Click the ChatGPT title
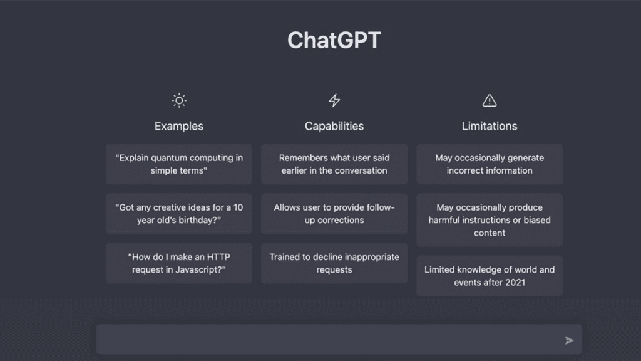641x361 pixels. (x=334, y=40)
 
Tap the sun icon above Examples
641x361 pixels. (x=179, y=100)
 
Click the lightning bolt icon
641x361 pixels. (x=334, y=100)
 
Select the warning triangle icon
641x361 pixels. (x=490, y=100)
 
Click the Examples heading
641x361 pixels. (x=179, y=126)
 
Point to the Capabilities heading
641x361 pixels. (x=334, y=126)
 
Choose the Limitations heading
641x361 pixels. (x=490, y=126)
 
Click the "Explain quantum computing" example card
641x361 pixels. (x=179, y=164)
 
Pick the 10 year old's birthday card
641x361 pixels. (x=179, y=214)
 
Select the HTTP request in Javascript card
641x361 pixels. (x=179, y=263)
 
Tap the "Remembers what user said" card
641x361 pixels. (x=334, y=164)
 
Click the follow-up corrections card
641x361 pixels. (x=334, y=214)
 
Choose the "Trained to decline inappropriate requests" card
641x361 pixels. (x=334, y=263)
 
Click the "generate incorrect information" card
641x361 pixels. (x=490, y=164)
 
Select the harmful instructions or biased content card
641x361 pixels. (x=490, y=220)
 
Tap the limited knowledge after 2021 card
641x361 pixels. (x=490, y=276)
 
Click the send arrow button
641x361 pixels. (x=569, y=340)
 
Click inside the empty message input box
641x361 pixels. (x=327, y=340)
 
